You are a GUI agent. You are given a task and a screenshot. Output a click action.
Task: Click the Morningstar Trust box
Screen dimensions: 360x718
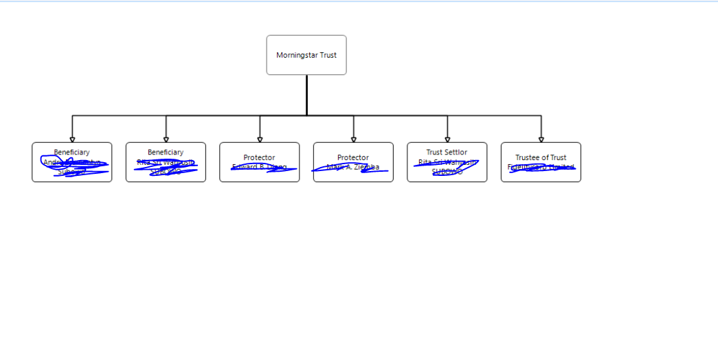306,55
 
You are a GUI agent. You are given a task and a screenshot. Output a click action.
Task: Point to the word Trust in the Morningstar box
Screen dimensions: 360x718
328,55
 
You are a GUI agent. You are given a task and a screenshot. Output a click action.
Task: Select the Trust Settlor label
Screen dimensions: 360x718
447,153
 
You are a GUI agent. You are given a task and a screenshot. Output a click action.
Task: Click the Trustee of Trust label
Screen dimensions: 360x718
541,157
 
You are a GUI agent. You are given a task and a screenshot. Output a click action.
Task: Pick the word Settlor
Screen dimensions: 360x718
456,153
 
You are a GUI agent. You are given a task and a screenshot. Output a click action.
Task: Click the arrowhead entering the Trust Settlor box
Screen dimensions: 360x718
447,139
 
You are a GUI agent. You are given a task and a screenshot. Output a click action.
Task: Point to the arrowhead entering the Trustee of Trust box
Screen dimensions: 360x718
541,139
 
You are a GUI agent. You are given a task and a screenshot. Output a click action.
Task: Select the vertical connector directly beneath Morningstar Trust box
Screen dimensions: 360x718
306,95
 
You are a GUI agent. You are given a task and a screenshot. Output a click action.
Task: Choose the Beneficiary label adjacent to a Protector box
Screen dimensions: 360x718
166,153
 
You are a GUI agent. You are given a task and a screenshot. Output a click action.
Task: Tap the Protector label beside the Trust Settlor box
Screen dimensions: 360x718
353,157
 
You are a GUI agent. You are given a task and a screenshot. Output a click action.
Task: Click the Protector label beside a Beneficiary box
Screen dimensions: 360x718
259,157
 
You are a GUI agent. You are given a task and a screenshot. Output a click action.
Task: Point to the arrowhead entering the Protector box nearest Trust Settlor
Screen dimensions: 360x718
354,139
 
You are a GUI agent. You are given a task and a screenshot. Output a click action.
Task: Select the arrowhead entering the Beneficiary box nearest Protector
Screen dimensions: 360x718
166,139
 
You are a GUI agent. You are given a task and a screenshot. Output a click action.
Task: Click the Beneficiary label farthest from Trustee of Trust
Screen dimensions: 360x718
72,153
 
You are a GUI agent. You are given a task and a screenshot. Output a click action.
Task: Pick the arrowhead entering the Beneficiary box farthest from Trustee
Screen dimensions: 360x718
72,139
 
